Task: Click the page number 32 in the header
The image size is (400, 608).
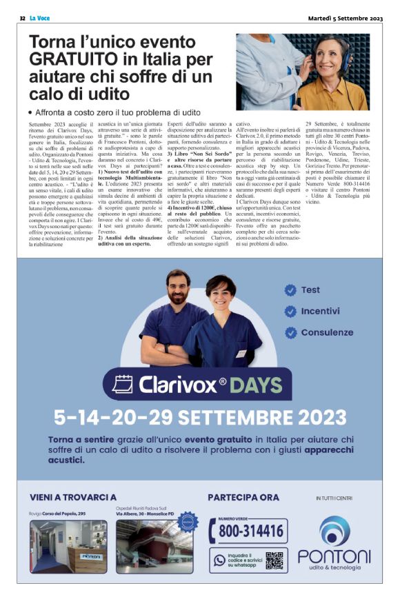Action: point(22,17)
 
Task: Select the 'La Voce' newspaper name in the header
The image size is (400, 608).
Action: point(39,17)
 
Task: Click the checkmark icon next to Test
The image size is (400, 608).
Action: point(290,290)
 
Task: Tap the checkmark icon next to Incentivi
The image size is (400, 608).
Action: point(290,311)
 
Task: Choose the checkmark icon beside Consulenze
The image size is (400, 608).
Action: point(290,332)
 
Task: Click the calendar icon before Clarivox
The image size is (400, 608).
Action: point(121,385)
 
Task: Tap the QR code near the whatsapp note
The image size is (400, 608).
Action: point(275,560)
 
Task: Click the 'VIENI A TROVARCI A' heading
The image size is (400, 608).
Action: point(73,496)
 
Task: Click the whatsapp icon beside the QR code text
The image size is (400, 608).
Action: point(220,560)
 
